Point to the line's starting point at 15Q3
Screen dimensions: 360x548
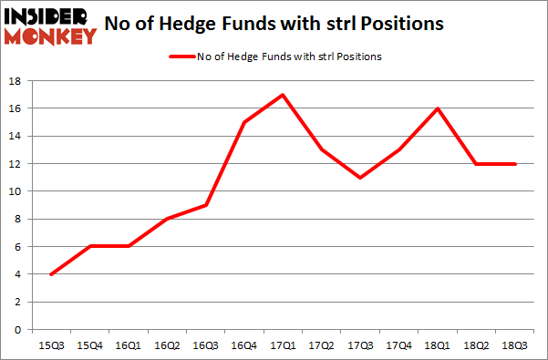(51, 274)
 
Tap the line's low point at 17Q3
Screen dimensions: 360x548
(362, 178)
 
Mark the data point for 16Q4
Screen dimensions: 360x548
(245, 122)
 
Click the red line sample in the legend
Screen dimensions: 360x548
(181, 57)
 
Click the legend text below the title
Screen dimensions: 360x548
(289, 57)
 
